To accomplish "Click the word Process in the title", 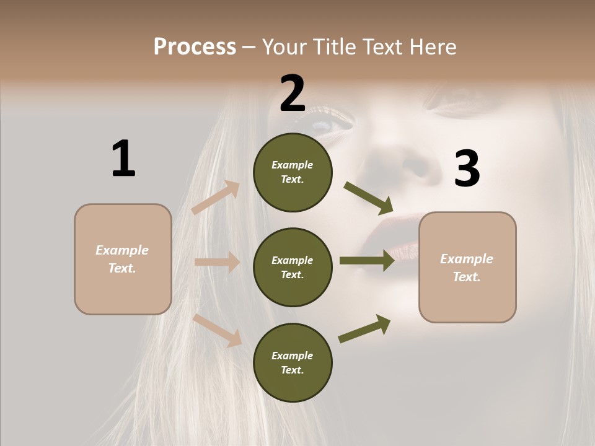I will pos(195,46).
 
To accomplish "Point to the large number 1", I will pos(123,159).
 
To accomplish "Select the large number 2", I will pos(293,94).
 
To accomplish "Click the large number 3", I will pos(467,168).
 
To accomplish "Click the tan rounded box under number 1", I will pos(123,259).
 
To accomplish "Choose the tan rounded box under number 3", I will pos(467,267).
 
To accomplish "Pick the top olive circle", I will pos(293,172).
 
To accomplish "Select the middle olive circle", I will pos(293,267).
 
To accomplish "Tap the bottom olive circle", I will pos(293,362).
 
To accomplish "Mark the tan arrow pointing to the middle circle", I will pos(217,262).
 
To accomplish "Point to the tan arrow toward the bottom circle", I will pos(218,330).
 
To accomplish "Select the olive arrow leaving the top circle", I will pos(368,196).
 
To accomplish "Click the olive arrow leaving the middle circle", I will pos(366,261).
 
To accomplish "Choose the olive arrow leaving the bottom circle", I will pos(364,328).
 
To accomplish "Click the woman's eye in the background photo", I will pos(328,125).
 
